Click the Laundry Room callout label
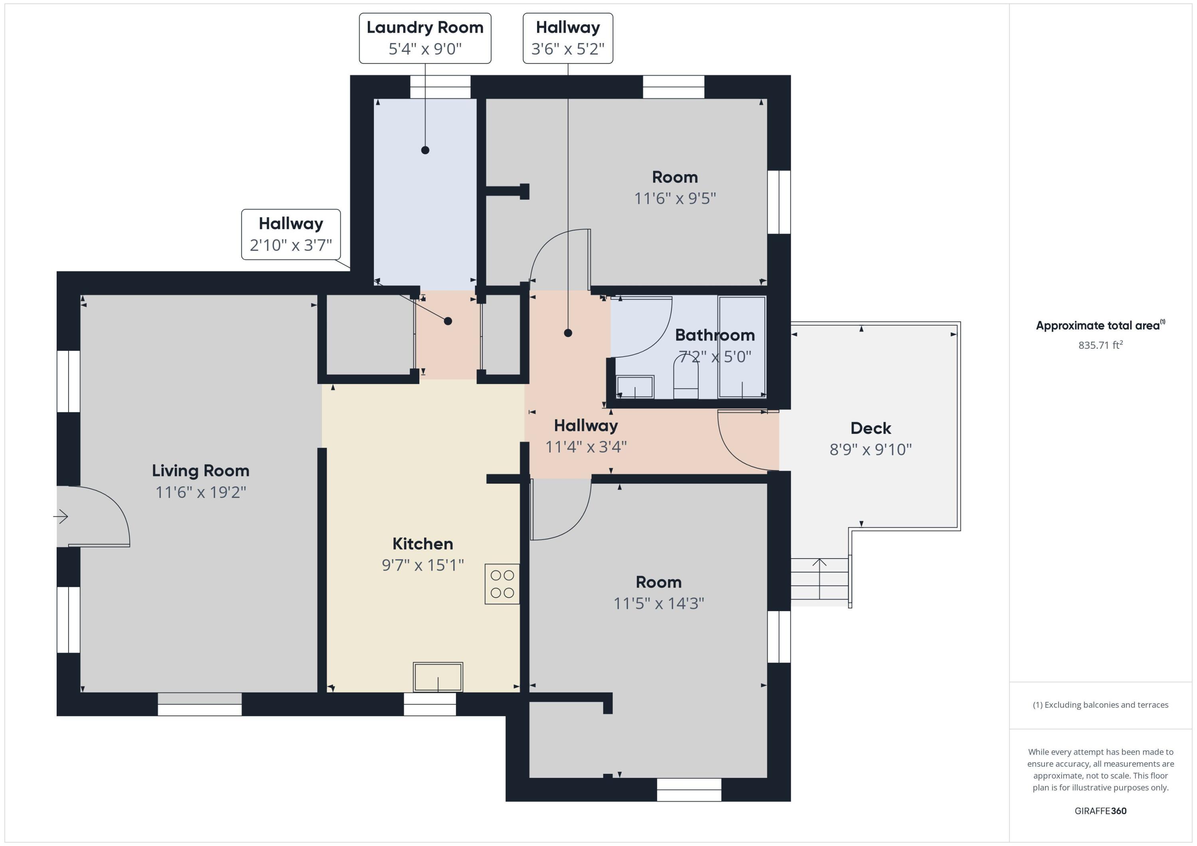click(425, 38)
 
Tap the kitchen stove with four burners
click(502, 584)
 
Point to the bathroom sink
click(635, 387)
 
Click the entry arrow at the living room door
click(61, 517)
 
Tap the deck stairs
click(820, 579)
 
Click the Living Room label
click(201, 470)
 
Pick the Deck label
click(871, 428)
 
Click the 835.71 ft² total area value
click(1100, 345)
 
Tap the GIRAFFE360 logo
click(1100, 811)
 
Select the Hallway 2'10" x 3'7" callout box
click(291, 234)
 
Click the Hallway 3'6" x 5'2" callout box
click(568, 38)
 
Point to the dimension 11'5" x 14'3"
click(658, 603)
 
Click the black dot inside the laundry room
click(425, 150)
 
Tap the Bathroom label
click(715, 335)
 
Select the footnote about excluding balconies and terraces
click(1100, 705)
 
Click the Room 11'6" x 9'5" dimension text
click(675, 199)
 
